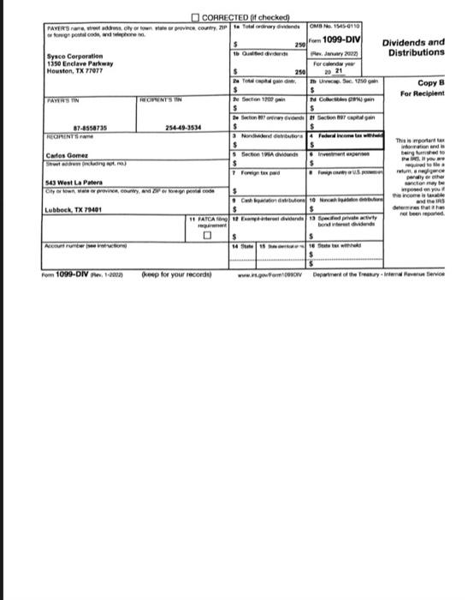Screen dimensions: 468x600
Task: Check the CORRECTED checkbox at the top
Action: pos(196,20)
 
